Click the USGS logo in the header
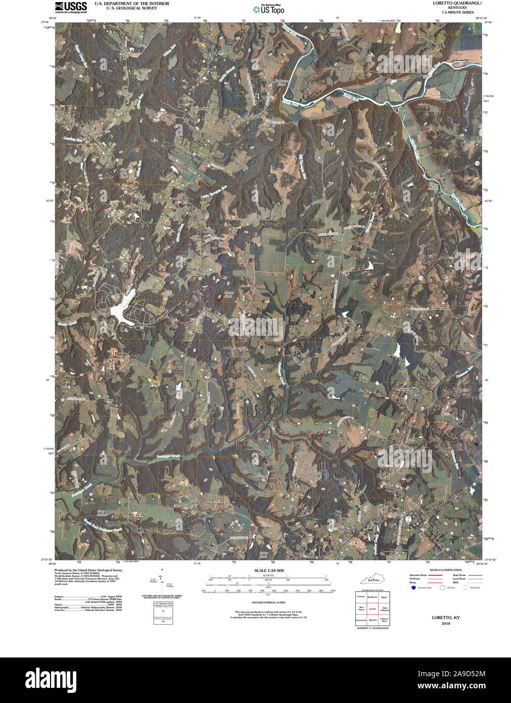(x=70, y=7)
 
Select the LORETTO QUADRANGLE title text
(x=457, y=3)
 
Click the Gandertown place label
(x=439, y=308)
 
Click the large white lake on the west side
(x=121, y=309)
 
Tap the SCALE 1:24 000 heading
(x=268, y=570)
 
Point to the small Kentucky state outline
(x=371, y=579)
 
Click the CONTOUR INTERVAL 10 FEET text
(x=268, y=603)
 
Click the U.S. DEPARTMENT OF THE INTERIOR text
(x=131, y=4)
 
